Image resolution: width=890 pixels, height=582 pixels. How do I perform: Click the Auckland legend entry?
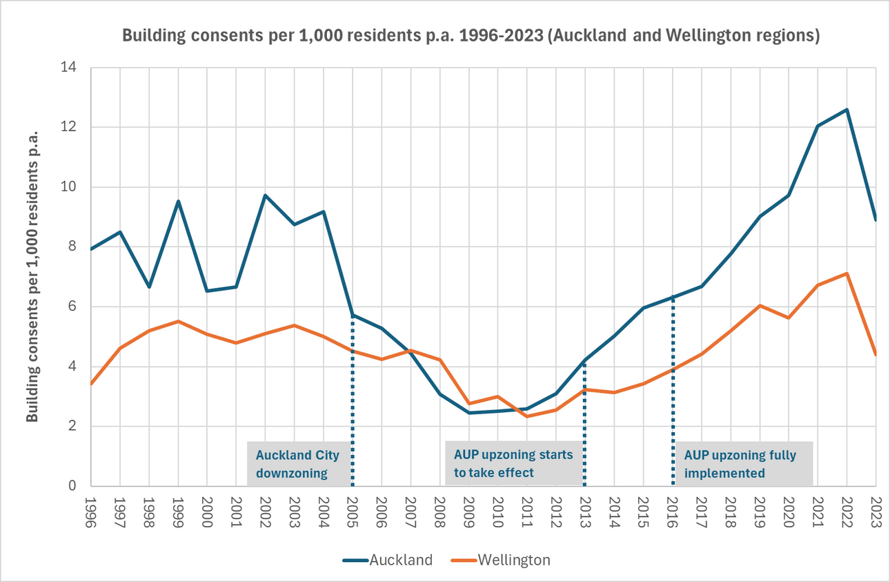(x=388, y=560)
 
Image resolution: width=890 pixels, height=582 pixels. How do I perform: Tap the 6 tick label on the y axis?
(x=72, y=307)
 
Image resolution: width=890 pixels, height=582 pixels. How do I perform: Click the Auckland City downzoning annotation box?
(x=298, y=464)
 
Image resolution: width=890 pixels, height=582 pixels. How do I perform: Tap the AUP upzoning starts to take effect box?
(x=513, y=464)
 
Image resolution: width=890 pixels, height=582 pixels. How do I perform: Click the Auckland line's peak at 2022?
(x=847, y=109)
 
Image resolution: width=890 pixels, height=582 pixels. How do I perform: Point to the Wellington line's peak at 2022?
(x=847, y=273)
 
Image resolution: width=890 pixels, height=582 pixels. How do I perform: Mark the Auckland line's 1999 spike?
(x=178, y=202)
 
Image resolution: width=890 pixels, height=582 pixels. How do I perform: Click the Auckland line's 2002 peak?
(x=265, y=195)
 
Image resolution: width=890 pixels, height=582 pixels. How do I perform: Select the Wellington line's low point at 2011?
(x=526, y=416)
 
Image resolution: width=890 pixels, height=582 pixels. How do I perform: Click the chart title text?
(x=471, y=37)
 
